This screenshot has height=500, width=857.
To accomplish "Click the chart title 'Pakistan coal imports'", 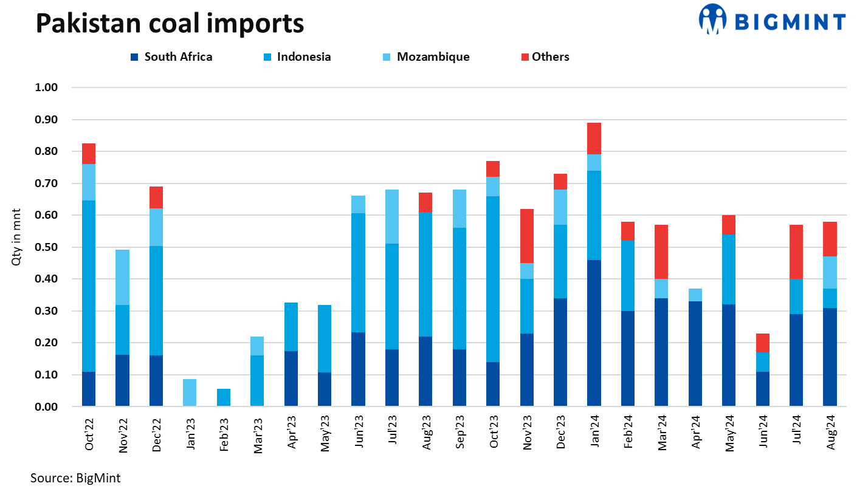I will pos(170,22).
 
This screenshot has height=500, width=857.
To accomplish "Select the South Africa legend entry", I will pos(171,57).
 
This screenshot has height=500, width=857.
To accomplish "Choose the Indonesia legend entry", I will pos(297,57).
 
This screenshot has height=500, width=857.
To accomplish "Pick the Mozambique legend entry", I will pos(426,57).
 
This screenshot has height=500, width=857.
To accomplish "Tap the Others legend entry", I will pos(544,57).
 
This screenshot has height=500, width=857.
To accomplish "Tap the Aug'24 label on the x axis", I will pos(830,434).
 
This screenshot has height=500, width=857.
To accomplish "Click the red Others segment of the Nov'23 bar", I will pos(526,236).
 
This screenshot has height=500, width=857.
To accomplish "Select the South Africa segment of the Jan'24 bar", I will pos(594,333).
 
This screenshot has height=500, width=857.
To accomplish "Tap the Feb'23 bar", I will pos(223,397).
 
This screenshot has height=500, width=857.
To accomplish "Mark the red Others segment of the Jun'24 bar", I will pos(763,343).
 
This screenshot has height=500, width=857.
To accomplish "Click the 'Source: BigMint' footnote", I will pos(75,478).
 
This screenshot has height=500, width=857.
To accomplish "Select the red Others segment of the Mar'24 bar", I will pos(661,252).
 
